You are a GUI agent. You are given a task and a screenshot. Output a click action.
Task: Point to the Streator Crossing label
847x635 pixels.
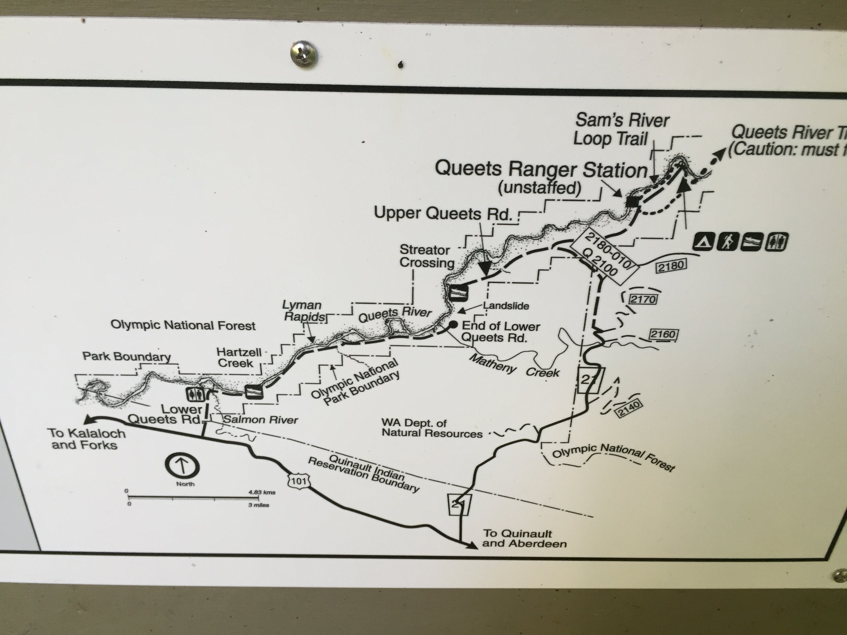point(427,256)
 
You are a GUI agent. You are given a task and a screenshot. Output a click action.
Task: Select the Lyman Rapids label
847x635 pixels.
point(302,311)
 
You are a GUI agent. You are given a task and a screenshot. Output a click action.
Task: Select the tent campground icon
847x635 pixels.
point(703,242)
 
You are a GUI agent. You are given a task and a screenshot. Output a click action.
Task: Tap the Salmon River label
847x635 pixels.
point(261,420)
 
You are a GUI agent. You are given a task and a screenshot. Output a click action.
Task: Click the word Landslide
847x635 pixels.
point(506,306)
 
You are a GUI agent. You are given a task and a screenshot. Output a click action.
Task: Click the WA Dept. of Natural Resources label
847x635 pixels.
point(432,428)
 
